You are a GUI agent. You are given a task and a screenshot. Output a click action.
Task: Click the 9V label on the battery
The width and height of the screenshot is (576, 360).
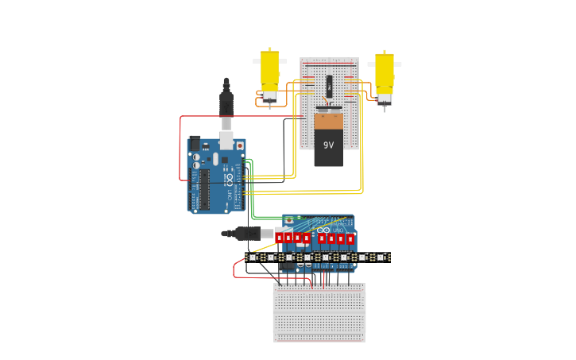point(328,145)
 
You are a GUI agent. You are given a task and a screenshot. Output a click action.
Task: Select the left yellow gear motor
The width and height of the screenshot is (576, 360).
point(269,72)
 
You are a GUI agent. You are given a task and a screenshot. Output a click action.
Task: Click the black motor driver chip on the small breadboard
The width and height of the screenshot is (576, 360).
point(329,85)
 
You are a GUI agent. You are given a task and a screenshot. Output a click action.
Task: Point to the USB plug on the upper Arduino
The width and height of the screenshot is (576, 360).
point(226,138)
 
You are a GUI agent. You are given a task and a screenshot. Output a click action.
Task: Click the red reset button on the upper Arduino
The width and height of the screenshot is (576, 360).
point(240,146)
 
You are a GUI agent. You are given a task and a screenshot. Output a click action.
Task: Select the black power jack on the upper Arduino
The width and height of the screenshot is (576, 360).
point(195,144)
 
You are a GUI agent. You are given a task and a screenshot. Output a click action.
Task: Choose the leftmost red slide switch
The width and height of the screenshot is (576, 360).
point(279,237)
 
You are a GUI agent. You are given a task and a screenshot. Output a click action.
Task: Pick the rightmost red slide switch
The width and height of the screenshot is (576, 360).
point(350,238)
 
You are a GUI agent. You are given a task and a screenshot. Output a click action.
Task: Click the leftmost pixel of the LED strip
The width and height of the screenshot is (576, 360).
point(253,257)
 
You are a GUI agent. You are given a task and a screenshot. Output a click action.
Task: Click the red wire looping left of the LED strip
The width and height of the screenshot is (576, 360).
point(234,269)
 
